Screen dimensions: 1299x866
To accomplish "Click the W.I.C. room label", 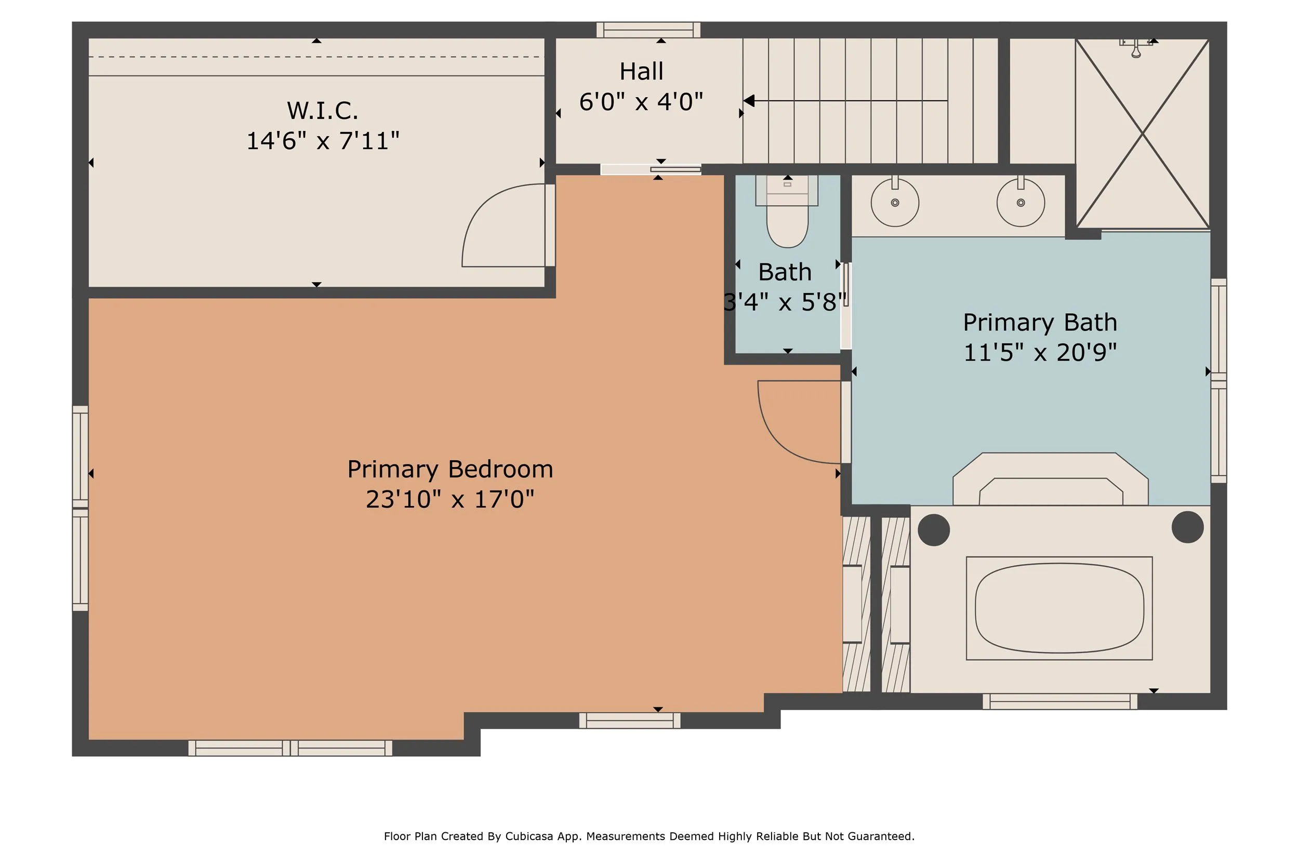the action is (323, 111).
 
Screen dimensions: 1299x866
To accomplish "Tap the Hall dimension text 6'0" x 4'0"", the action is (641, 102).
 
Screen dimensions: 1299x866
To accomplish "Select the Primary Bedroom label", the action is (450, 470).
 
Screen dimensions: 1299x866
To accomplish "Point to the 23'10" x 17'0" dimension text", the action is (450, 499).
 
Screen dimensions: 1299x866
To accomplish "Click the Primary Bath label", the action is (1040, 323).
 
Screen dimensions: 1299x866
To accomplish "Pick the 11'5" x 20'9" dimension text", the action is (1040, 352).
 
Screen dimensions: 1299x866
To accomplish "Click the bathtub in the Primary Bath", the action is (1059, 608).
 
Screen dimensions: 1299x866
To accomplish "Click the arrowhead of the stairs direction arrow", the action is (749, 100).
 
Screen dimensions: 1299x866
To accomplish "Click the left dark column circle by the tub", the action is (933, 530).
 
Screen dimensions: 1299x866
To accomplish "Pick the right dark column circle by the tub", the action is (1187, 527).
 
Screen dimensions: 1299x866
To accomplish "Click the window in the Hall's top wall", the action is (648, 30).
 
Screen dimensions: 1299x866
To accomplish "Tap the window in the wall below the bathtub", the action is (1060, 701).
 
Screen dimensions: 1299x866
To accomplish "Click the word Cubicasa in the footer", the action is (529, 836).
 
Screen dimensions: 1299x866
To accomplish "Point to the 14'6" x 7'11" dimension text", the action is (323, 141).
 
